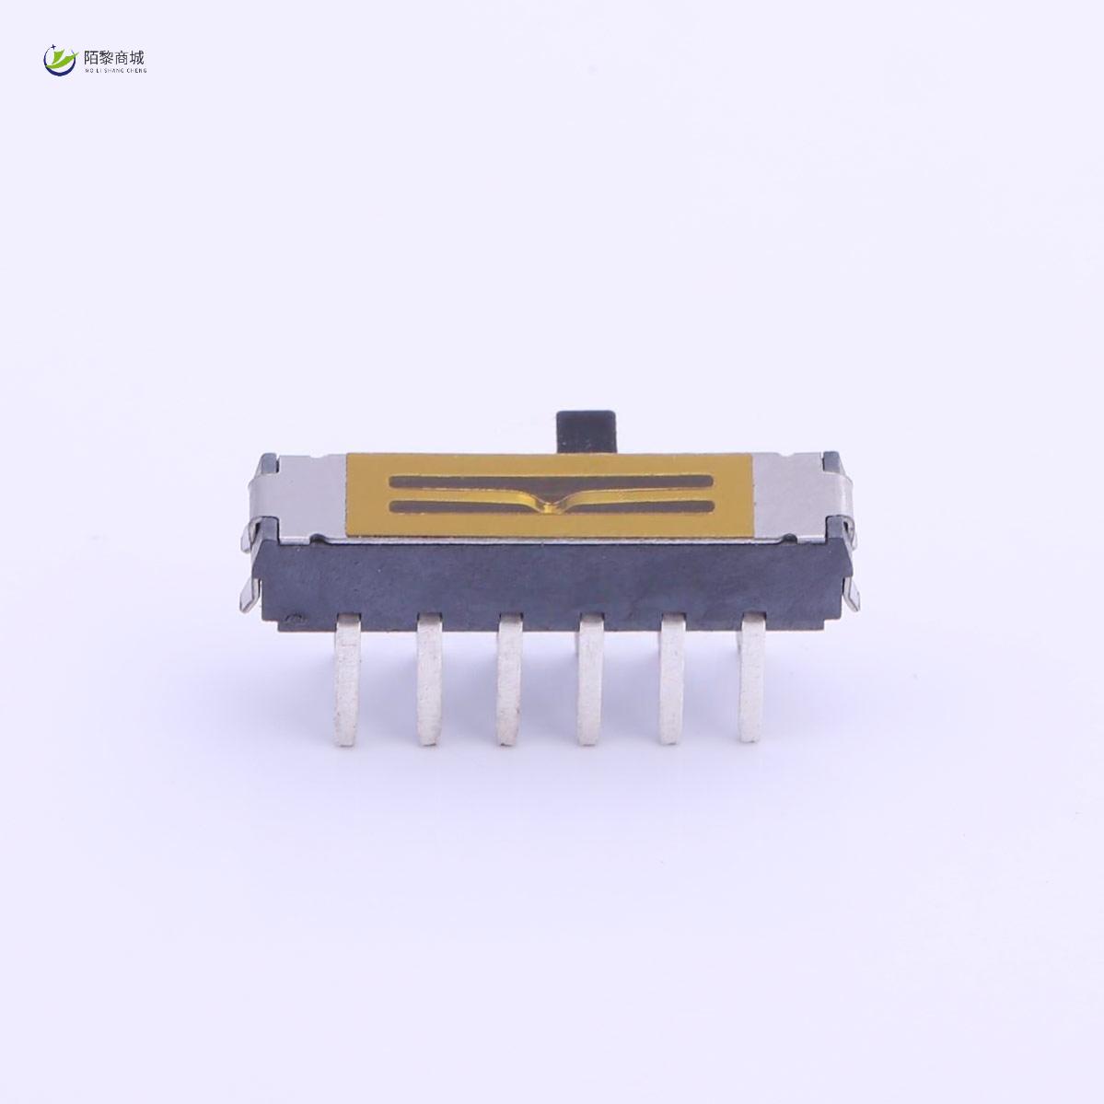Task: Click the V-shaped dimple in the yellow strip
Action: coord(550,502)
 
